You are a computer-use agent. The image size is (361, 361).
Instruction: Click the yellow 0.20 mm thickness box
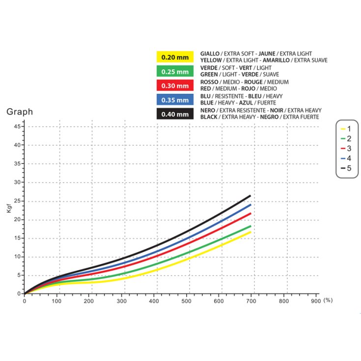pyautogui.click(x=175, y=57)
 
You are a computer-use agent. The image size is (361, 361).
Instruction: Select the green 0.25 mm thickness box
pyautogui.click(x=175, y=72)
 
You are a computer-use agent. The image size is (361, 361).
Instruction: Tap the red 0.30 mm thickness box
pyautogui.click(x=175, y=86)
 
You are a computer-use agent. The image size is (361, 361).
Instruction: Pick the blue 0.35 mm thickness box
pyautogui.click(x=175, y=100)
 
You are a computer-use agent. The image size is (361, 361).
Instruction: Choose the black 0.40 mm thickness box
pyautogui.click(x=175, y=114)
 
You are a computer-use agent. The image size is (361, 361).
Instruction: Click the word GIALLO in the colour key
pyautogui.click(x=210, y=54)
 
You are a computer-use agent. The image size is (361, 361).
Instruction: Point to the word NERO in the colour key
pyautogui.click(x=208, y=111)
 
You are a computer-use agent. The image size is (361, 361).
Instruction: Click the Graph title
pyautogui.click(x=20, y=112)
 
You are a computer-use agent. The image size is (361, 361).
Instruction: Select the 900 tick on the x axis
pyautogui.click(x=316, y=301)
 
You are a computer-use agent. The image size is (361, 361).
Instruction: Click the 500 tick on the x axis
pyautogui.click(x=186, y=301)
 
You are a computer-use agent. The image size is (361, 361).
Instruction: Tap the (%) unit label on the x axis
pyautogui.click(x=328, y=300)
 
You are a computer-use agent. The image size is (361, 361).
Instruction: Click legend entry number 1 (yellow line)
pyautogui.click(x=346, y=129)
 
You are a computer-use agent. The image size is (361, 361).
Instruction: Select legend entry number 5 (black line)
pyautogui.click(x=346, y=168)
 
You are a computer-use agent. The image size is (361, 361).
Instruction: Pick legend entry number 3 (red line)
pyautogui.click(x=346, y=148)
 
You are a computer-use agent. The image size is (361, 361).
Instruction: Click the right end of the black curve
pyautogui.click(x=250, y=196)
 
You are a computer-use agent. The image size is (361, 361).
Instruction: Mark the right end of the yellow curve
pyautogui.click(x=250, y=232)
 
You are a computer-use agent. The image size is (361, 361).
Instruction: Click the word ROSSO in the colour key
pyautogui.click(x=209, y=82)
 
